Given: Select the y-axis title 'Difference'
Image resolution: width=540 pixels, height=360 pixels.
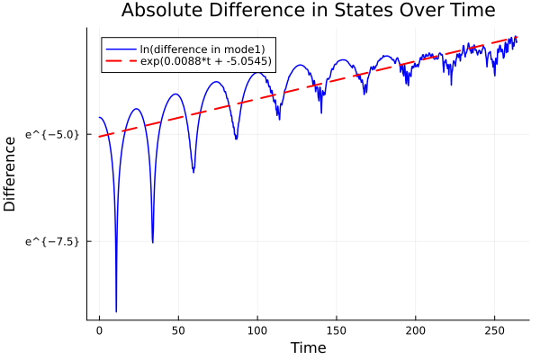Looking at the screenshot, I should pos(10,174).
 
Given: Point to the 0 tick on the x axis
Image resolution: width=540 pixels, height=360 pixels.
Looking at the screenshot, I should pos(100,330).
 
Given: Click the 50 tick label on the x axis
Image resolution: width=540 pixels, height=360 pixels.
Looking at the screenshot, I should pos(178,330).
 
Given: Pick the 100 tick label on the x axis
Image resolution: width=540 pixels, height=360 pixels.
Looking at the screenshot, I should pos(257,330).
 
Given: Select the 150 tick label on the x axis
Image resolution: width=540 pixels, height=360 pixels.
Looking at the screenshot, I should pos(337,330).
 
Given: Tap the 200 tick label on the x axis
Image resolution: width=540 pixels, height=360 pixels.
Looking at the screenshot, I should pos(416,330).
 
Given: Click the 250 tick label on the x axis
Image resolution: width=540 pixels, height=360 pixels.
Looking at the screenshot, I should pos(494,330).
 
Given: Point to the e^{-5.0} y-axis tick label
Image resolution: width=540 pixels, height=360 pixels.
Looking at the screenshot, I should pos(52,135).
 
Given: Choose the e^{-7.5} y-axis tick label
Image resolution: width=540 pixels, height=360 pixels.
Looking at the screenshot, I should pos(52,241).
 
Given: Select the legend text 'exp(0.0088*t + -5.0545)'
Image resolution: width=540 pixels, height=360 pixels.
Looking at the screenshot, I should pos(206,61).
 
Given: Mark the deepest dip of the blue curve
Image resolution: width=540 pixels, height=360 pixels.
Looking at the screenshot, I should pos(116,310).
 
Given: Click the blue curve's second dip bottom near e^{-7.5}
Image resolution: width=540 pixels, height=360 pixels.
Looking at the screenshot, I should pos(152,242).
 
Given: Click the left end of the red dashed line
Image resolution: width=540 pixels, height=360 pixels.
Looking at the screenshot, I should pos(100,137).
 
